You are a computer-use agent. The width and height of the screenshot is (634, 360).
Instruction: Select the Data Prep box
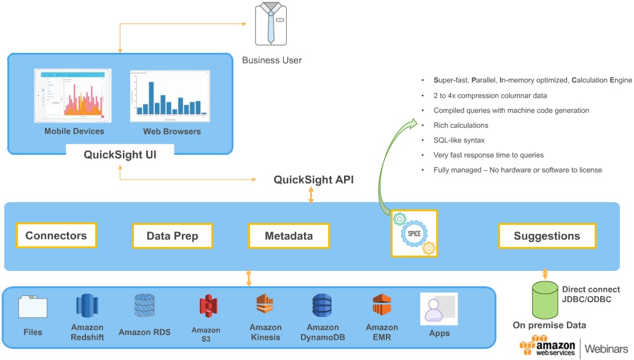173,236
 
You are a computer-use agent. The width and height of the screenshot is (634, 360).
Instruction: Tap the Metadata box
288,236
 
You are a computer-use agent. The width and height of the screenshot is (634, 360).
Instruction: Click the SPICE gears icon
413,233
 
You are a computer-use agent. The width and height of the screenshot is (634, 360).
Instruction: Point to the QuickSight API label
313,180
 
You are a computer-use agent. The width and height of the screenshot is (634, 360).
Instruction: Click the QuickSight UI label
120,155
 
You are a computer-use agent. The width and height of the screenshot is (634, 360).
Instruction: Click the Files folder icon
33,307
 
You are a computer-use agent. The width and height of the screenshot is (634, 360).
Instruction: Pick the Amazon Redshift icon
87,306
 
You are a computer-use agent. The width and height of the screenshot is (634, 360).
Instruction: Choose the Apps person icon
439,308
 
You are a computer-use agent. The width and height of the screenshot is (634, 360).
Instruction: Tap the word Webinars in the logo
607,348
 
